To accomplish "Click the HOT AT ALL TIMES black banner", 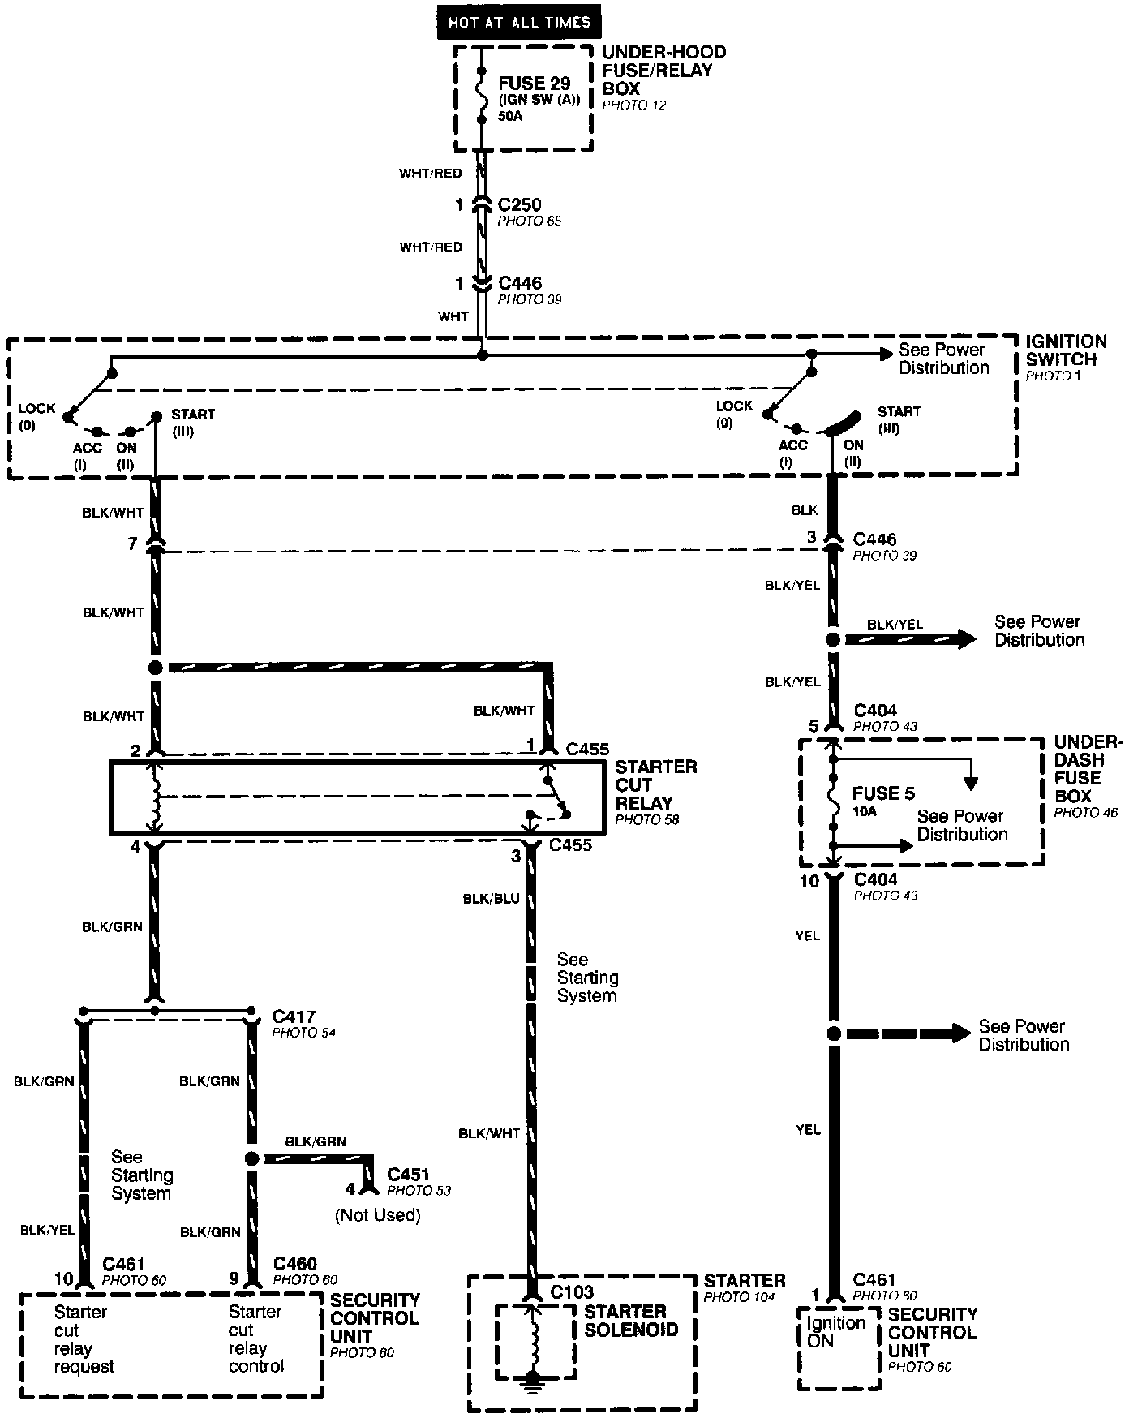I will click(519, 23).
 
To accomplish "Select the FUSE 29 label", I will click(534, 84).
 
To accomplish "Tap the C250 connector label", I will click(519, 205).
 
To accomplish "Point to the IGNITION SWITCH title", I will click(1066, 350).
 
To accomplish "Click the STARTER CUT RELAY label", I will click(655, 785).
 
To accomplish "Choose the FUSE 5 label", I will click(883, 793).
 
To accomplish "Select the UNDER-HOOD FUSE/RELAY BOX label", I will click(663, 71).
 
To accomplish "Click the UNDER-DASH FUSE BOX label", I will click(1088, 769).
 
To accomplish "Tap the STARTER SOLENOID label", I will click(630, 1321).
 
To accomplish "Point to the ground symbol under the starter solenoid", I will click(532, 1378).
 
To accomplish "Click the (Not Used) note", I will click(378, 1215).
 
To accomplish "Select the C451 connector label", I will click(408, 1175).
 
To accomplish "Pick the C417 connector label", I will click(294, 1016).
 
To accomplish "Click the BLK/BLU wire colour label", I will click(491, 899).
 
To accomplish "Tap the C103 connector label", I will click(572, 1292).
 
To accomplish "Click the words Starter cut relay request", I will click(84, 1339).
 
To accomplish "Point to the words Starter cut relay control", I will click(256, 1339).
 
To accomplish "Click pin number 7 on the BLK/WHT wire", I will click(132, 544).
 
